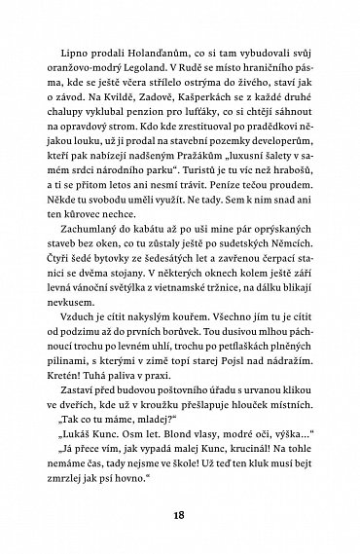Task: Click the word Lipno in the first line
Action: tap(73, 50)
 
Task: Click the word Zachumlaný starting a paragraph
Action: tap(90, 255)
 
